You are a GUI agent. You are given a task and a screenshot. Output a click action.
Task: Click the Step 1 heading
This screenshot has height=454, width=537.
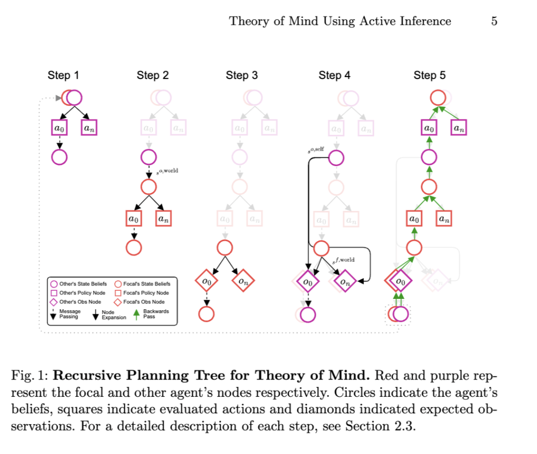pos(63,76)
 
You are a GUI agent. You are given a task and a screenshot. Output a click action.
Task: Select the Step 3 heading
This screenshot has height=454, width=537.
pos(242,76)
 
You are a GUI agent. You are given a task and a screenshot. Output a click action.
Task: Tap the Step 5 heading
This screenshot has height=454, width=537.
pos(430,76)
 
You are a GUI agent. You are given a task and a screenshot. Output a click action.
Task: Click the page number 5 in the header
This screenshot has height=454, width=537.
pos(494,21)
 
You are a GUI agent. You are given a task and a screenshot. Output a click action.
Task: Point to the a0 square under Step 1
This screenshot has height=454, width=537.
pos(59,128)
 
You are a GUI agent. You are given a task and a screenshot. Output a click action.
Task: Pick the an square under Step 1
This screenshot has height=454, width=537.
pos(89,128)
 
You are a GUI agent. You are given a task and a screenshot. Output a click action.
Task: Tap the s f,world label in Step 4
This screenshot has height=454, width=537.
pos(343,260)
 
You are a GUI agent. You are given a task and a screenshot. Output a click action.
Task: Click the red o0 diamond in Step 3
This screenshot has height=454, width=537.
pos(207,281)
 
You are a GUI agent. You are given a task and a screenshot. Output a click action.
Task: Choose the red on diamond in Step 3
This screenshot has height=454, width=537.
pos(243,281)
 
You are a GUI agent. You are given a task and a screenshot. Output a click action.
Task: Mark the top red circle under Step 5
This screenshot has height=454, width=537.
pos(438,97)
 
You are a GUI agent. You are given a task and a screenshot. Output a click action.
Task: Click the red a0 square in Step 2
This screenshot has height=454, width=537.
pos(134,218)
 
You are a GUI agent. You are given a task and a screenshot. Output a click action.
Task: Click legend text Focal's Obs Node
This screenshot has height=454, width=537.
pos(144,302)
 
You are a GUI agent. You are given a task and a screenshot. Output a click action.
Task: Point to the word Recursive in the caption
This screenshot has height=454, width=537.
pos(92,376)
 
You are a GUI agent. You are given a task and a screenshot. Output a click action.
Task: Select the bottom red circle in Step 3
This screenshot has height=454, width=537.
pos(207,314)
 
